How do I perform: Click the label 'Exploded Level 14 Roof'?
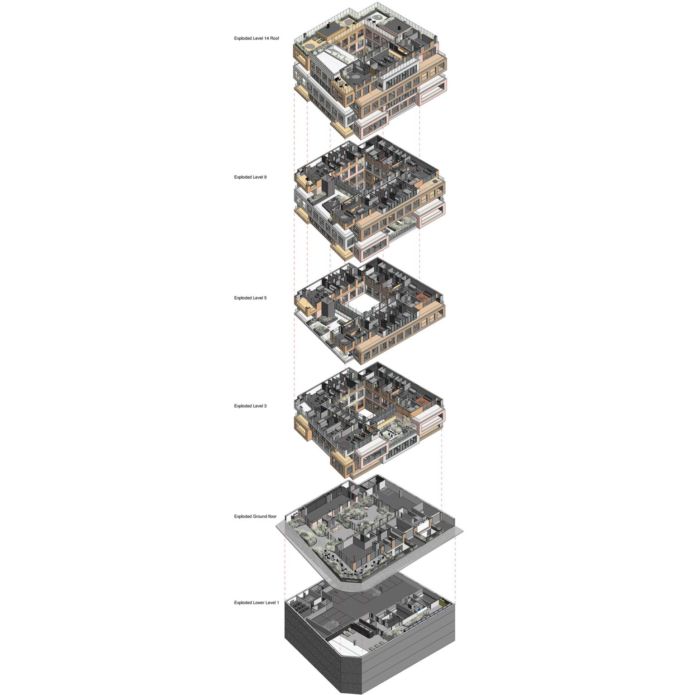(257, 38)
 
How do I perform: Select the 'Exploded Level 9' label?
(250, 177)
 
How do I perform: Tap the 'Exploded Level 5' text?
(250, 298)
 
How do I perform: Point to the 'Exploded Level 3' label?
(250, 406)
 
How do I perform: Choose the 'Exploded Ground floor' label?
(255, 516)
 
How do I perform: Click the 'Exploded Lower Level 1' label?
(257, 603)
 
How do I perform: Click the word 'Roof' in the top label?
(275, 38)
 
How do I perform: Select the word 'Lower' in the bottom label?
(258, 603)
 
